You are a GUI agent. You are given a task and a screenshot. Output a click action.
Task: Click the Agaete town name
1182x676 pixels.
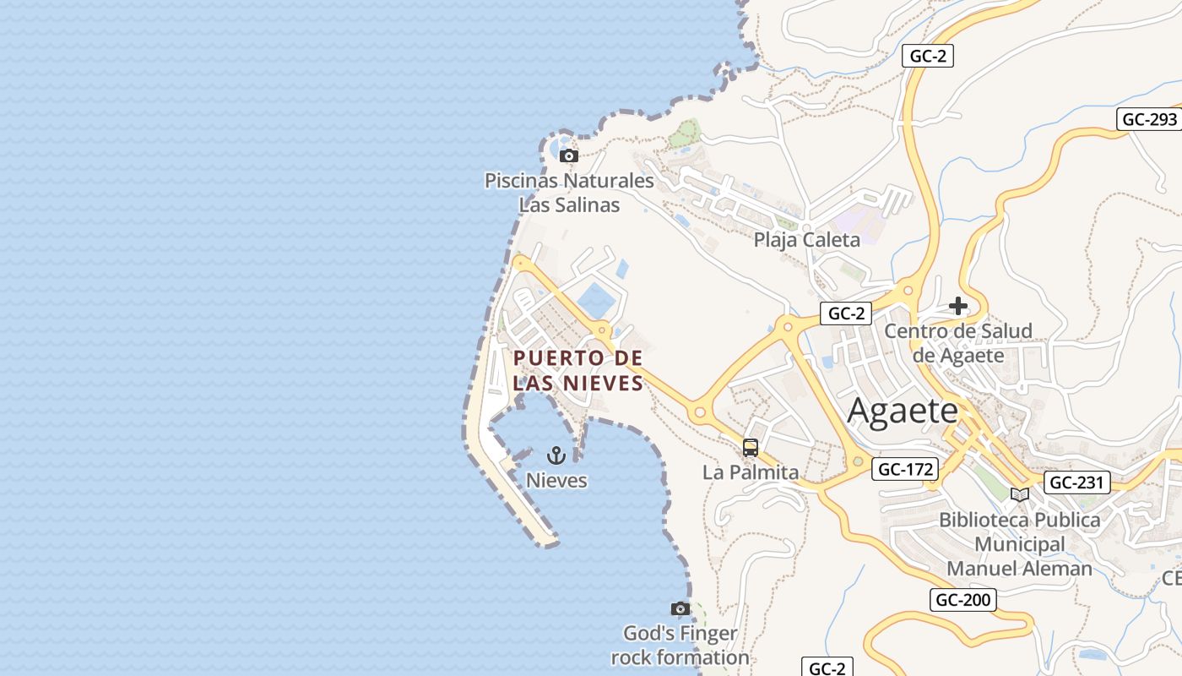click(903, 412)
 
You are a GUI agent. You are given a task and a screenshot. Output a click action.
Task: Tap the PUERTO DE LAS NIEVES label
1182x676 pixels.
click(578, 370)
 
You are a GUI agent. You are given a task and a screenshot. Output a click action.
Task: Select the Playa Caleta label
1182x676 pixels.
click(806, 240)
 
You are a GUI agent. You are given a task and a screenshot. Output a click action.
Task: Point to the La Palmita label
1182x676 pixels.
click(751, 472)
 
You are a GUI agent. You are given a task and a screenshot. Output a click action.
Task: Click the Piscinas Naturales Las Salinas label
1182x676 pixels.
click(569, 193)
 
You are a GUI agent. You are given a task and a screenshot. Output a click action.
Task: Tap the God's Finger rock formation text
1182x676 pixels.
click(680, 645)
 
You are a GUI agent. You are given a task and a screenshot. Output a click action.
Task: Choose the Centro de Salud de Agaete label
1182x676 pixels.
click(958, 342)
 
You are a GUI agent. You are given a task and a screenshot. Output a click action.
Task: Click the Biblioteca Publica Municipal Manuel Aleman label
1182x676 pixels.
click(1020, 544)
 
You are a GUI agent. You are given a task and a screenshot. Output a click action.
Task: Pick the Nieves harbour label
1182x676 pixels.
click(556, 481)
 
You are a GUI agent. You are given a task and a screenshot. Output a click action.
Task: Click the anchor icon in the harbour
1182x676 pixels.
click(556, 456)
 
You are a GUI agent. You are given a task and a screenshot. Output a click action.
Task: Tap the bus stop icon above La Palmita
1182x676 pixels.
click(751, 448)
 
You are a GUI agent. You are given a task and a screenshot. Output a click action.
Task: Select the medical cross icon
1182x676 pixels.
click(958, 306)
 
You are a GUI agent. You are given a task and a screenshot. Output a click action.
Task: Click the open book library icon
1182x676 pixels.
click(1020, 494)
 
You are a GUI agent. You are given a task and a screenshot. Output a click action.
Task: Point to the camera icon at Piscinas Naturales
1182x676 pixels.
click(569, 155)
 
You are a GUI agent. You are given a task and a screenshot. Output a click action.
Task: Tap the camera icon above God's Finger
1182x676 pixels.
click(680, 608)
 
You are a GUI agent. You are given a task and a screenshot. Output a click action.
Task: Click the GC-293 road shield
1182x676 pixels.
click(1149, 119)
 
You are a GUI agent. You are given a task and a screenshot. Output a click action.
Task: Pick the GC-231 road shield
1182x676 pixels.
click(1076, 482)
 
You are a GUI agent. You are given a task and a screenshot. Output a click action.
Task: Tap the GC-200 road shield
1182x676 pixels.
click(963, 600)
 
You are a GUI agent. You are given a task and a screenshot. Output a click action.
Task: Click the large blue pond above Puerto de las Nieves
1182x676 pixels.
click(597, 301)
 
